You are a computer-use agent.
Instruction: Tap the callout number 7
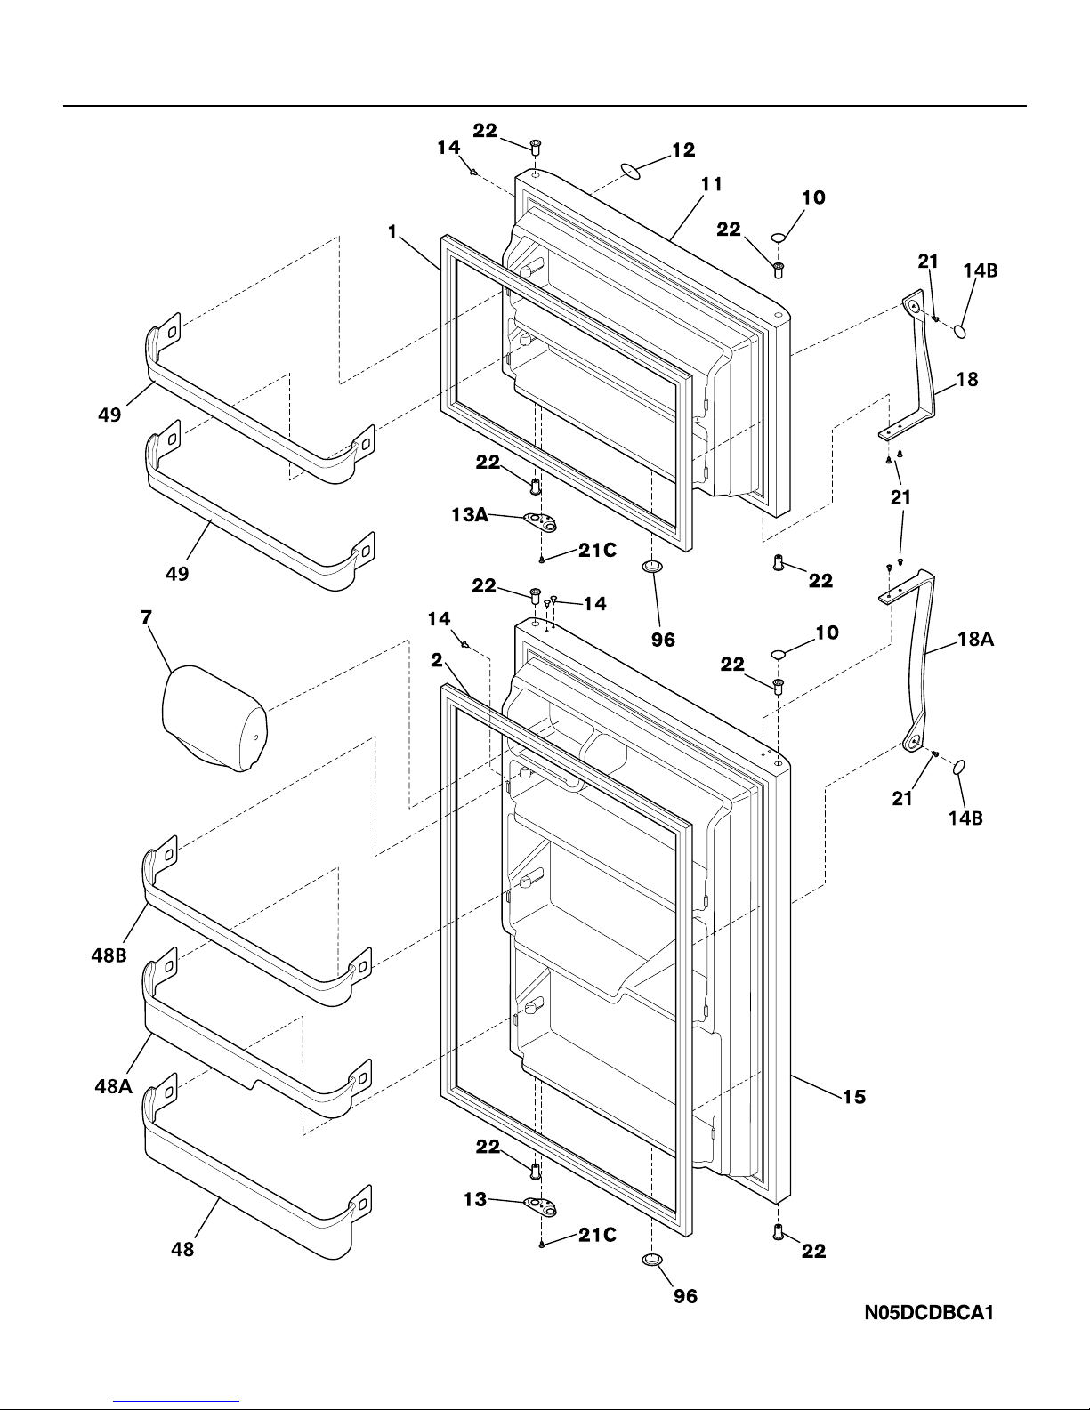tap(145, 617)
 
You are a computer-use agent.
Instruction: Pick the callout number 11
tap(711, 185)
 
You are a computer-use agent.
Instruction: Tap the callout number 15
tap(853, 1097)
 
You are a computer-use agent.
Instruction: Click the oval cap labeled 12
tap(632, 169)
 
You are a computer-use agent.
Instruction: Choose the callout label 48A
tap(114, 1085)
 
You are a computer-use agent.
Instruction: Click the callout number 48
tap(182, 1249)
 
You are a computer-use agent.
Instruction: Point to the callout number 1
tap(392, 232)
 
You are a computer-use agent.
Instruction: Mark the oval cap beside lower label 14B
tap(958, 767)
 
